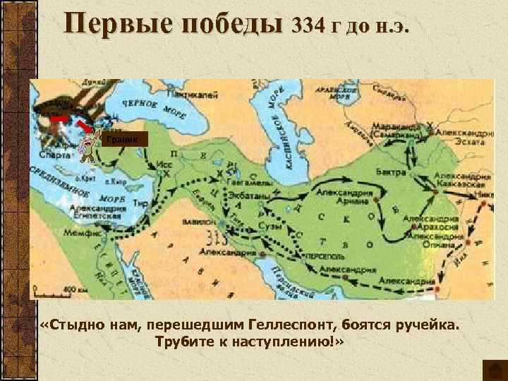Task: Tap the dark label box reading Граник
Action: click(123, 139)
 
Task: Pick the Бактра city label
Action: click(391, 173)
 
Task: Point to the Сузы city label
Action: click(272, 226)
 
